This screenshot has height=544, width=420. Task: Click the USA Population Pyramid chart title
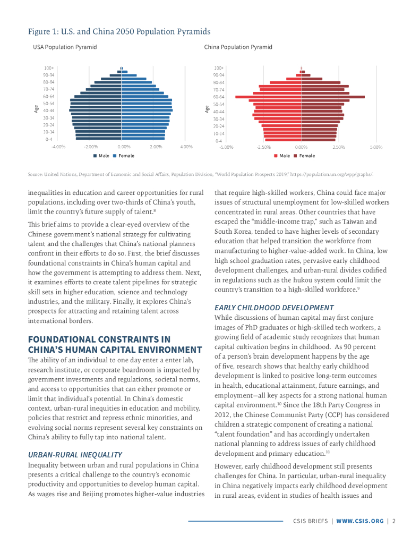click(x=65, y=47)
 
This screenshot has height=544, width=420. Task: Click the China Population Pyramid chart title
click(x=238, y=47)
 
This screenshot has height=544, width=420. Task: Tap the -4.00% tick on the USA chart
click(x=58, y=147)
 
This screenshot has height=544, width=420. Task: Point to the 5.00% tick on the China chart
click(x=376, y=147)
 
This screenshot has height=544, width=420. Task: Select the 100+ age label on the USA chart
click(x=49, y=68)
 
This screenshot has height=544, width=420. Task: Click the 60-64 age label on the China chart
click(x=219, y=97)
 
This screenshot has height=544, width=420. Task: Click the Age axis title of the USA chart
click(x=36, y=109)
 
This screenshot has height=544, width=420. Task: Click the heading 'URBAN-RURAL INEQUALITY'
click(x=75, y=455)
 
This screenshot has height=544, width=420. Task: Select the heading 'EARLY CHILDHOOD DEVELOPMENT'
click(x=273, y=308)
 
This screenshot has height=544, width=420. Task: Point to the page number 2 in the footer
click(x=395, y=521)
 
